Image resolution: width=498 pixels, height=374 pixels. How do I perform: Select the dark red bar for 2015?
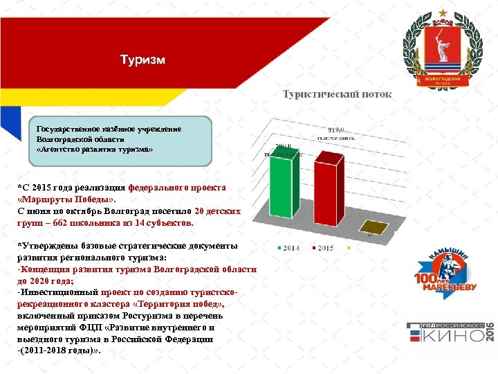click(x=329, y=191)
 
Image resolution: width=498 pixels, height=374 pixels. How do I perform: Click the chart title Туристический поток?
click(x=337, y=94)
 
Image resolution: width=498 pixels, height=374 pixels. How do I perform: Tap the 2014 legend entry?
click(x=288, y=247)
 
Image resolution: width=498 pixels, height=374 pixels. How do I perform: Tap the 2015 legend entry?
click(x=323, y=247)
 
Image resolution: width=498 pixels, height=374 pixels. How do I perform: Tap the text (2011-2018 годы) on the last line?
click(x=59, y=350)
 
